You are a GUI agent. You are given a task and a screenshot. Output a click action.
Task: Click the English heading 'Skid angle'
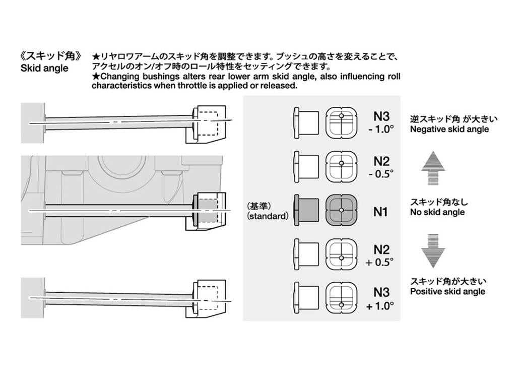[44, 68]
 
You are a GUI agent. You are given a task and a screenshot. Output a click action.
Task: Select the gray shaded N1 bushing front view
[341, 210]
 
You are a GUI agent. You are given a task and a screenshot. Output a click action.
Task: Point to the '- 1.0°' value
[380, 129]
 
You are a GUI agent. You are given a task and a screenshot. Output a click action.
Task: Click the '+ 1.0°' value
[380, 306]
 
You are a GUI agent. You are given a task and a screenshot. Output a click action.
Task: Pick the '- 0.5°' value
[381, 173]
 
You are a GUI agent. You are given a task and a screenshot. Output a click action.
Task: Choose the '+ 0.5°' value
[380, 262]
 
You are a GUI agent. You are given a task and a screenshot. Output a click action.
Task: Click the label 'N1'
[380, 212]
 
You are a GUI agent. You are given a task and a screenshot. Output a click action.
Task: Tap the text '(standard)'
[268, 216]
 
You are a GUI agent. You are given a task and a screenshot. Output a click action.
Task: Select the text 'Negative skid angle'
[449, 130]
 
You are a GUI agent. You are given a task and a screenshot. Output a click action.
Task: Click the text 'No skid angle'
[437, 212]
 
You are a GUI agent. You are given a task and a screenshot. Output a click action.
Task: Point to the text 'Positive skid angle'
[447, 291]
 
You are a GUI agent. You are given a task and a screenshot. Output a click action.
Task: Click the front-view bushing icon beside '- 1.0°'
[341, 122]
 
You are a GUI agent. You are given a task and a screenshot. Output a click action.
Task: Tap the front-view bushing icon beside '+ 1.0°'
[341, 297]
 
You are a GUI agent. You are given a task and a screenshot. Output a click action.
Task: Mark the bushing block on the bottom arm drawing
[208, 298]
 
